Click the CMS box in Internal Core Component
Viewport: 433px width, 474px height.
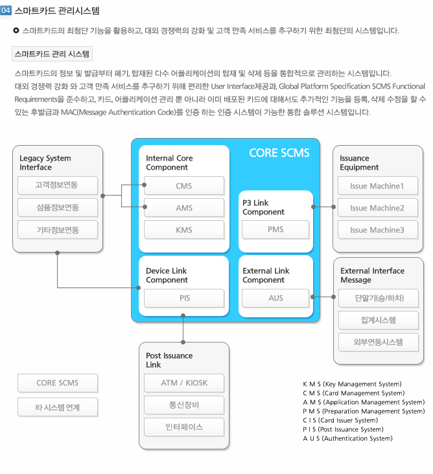click(x=184, y=186)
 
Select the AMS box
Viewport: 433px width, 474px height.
click(x=184, y=208)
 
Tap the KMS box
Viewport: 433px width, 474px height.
click(x=184, y=230)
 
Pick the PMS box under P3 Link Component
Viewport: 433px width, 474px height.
click(x=275, y=229)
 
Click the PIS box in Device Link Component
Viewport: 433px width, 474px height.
click(x=184, y=298)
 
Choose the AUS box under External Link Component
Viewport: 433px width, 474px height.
click(x=275, y=298)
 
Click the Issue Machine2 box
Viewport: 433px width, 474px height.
click(x=378, y=208)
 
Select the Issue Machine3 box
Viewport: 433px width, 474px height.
click(x=378, y=230)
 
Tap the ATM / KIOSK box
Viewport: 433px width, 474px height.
click(x=184, y=383)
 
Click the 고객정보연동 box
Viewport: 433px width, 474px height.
click(x=58, y=185)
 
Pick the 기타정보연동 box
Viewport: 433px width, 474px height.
click(x=58, y=230)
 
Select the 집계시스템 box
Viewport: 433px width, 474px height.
click(x=379, y=320)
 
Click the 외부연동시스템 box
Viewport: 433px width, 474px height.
click(x=379, y=342)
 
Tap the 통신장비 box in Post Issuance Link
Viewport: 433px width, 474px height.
click(x=184, y=405)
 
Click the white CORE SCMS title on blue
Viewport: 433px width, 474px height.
click(x=279, y=153)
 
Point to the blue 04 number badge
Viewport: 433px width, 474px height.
click(x=6, y=10)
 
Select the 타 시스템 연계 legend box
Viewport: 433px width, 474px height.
click(x=58, y=407)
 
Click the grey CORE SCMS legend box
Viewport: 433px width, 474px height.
click(x=58, y=383)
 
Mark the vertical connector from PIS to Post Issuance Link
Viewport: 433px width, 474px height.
click(x=183, y=329)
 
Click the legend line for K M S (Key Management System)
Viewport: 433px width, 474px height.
click(x=352, y=384)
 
